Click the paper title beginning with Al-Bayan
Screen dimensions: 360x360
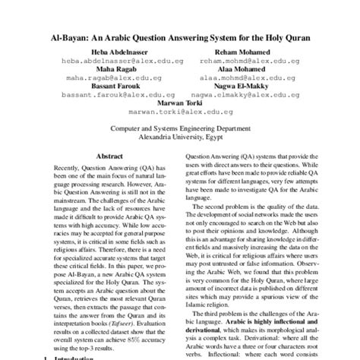pos(180,36)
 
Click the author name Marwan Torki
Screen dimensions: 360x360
pos(180,103)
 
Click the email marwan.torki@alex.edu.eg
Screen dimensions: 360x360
pos(180,112)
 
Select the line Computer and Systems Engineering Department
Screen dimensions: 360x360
pos(180,129)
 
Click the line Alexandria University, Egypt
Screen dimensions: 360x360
pos(180,138)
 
